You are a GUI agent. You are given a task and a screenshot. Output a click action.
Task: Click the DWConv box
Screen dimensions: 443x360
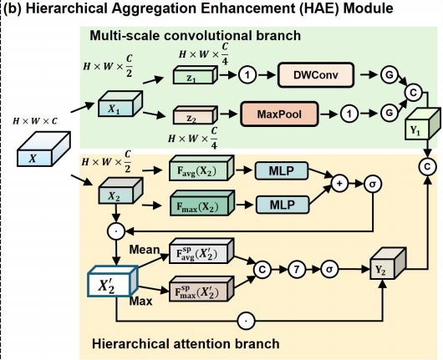316,75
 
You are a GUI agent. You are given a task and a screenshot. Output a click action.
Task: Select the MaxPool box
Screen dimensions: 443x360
279,114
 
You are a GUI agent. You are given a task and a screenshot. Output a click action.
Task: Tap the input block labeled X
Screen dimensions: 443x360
43,149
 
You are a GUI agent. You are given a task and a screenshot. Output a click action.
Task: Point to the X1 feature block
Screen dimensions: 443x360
120,104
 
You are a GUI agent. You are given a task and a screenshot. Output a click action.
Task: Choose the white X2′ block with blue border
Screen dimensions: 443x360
113,281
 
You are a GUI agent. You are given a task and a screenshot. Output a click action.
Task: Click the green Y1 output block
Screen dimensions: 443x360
423,124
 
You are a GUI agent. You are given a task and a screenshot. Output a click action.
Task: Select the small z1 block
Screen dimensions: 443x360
196,75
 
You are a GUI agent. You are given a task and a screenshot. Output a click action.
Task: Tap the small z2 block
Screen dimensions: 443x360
196,115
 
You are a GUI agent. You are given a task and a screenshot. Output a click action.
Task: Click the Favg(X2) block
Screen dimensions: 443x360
201,168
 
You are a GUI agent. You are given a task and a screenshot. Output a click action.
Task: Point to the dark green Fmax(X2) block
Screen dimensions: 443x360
202,203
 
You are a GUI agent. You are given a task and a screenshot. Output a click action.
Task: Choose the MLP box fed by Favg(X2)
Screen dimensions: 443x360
282,171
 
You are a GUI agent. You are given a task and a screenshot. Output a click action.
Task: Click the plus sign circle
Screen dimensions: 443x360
339,184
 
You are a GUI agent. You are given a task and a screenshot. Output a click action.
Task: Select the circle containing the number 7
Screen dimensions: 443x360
297,269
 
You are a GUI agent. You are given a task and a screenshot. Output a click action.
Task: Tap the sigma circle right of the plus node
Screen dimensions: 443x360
373,184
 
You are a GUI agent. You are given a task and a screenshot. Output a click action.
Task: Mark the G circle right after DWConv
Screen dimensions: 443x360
390,75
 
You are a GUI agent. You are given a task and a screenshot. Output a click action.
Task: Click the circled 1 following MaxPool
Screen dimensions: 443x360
349,114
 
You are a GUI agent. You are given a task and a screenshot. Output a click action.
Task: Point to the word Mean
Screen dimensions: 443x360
145,250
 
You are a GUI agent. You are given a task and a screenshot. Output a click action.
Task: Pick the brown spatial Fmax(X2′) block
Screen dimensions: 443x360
201,289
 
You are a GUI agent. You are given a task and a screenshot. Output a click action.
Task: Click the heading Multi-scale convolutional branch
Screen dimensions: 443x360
196,36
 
